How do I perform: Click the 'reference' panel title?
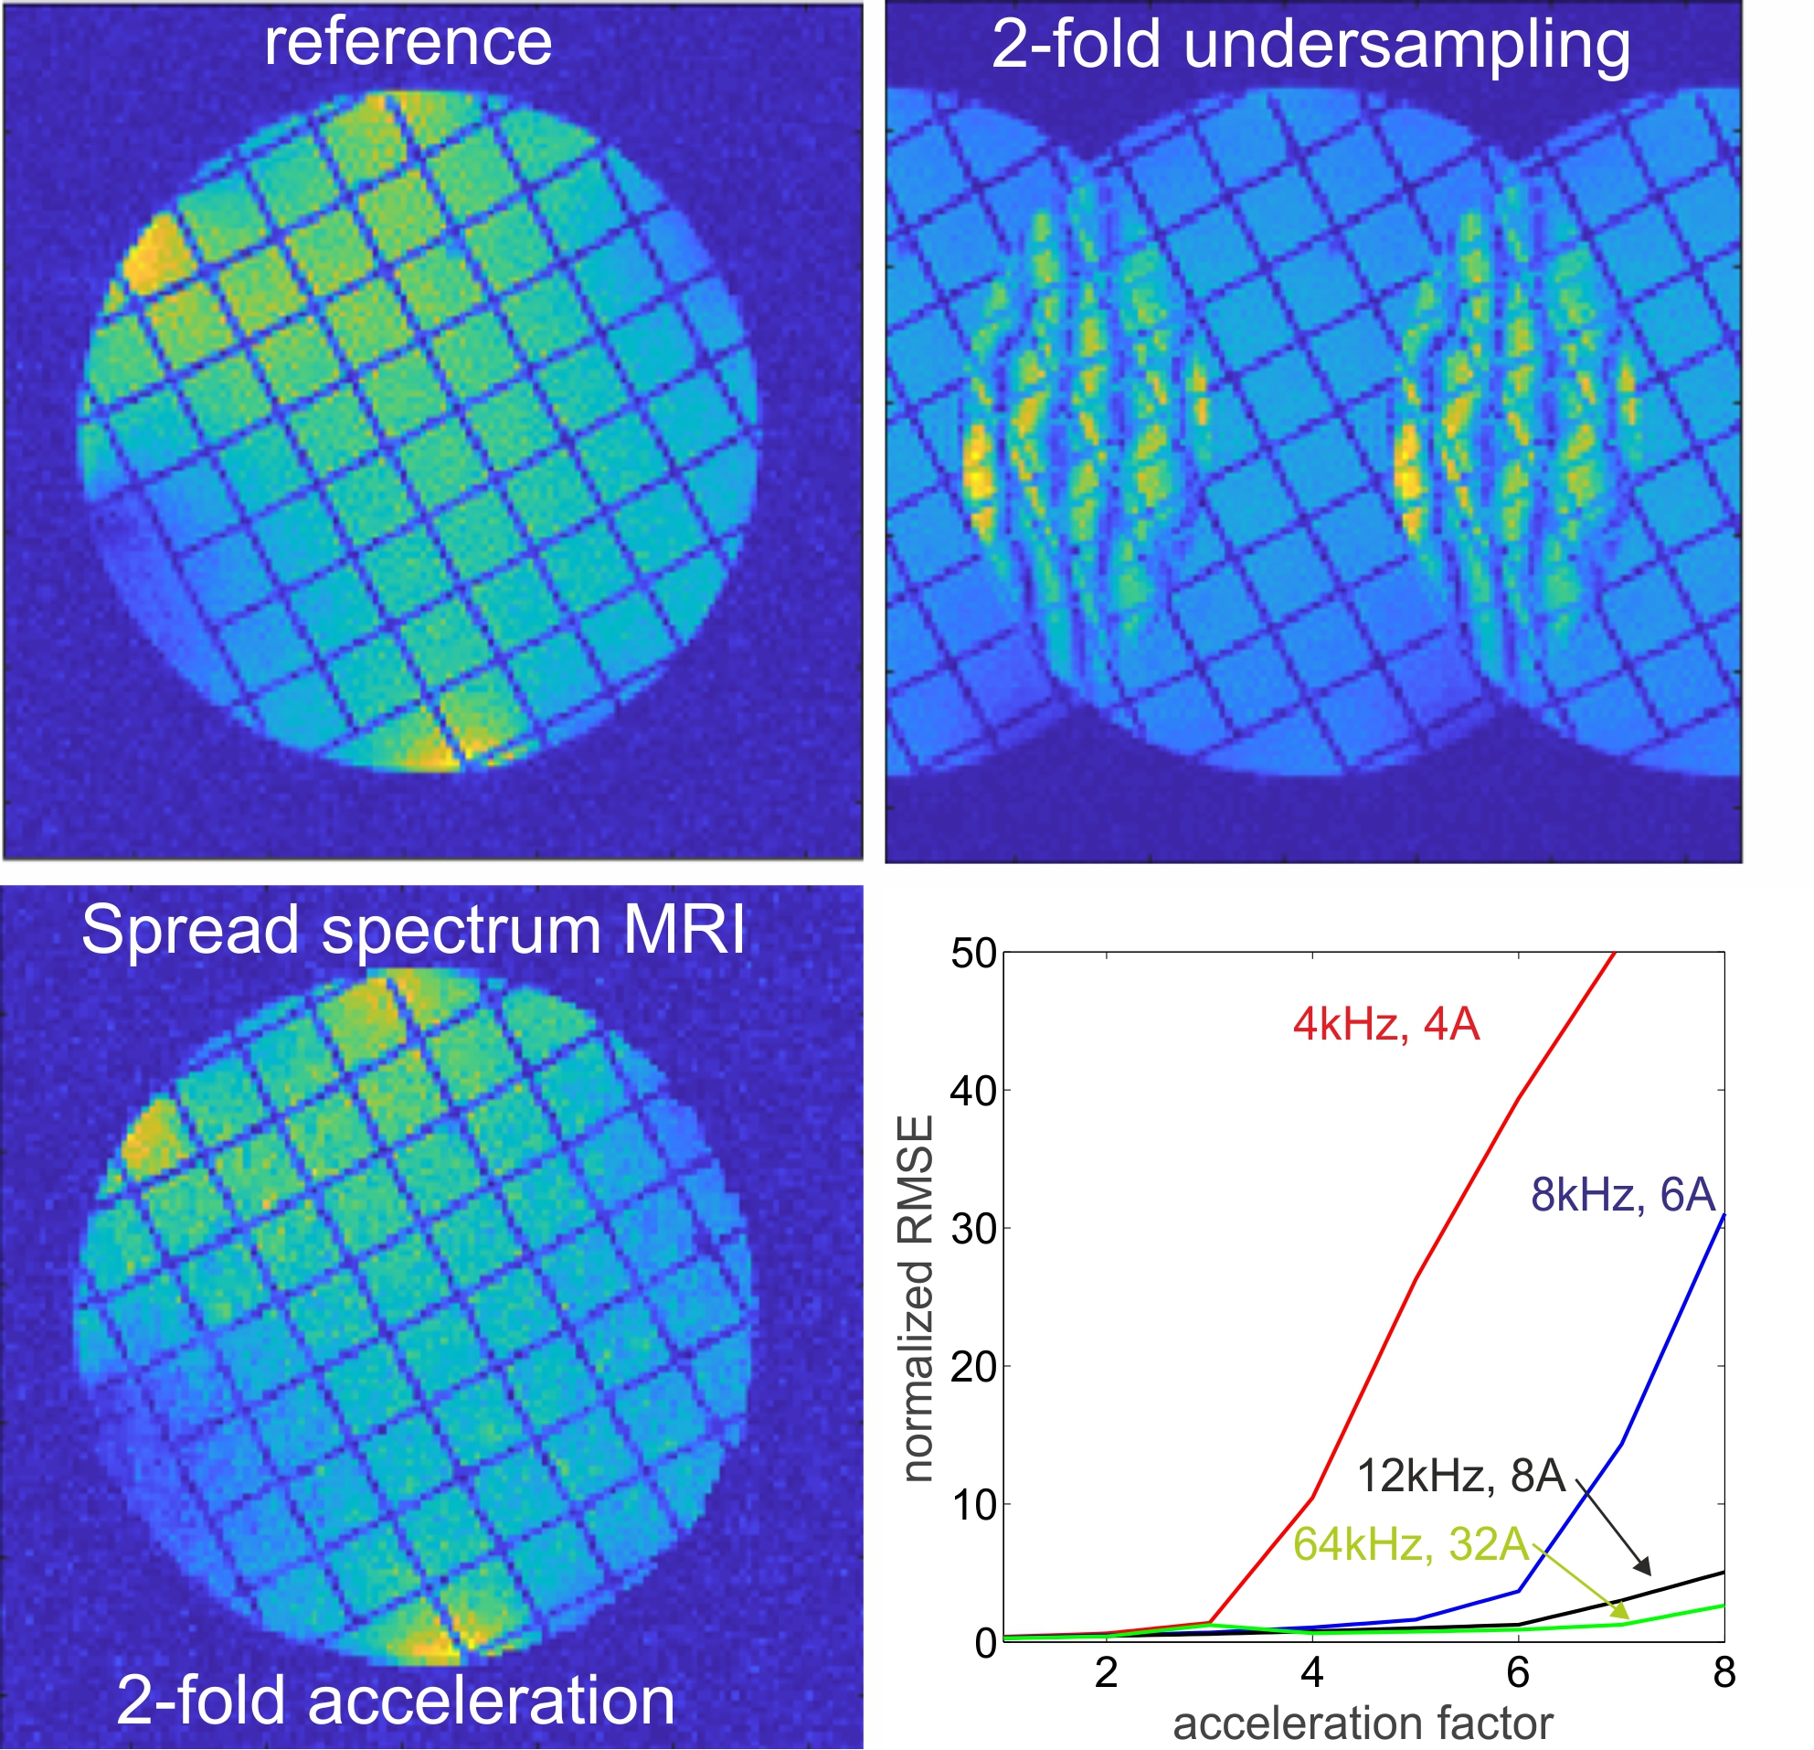tap(408, 43)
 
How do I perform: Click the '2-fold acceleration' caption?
tap(396, 1701)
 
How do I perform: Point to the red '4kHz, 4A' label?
tap(1385, 1025)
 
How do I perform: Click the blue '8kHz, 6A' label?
tap(1622, 1195)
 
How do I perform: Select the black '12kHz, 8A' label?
tap(1460, 1476)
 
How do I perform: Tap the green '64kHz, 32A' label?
tap(1410, 1544)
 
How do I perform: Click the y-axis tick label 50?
tap(973, 954)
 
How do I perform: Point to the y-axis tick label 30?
tap(973, 1230)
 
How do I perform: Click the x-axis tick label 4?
tap(1312, 1672)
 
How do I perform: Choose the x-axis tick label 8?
tap(1724, 1672)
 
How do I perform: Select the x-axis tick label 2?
tap(1106, 1672)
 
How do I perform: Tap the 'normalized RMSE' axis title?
tap(917, 1298)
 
